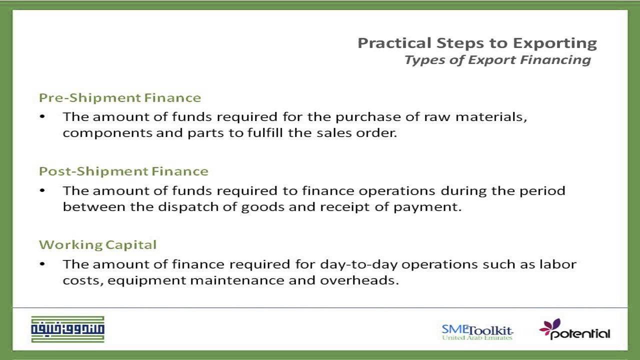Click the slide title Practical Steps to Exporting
pos(477,43)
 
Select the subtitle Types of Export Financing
pos(497,60)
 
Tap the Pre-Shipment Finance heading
pos(120,97)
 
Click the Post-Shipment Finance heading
pos(123,171)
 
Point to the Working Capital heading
pos(97,245)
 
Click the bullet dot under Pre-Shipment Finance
pos(42,117)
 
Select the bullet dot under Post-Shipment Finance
pos(42,190)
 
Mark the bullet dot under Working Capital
pos(42,264)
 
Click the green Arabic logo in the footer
pos(67,329)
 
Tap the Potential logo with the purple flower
pos(574,330)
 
